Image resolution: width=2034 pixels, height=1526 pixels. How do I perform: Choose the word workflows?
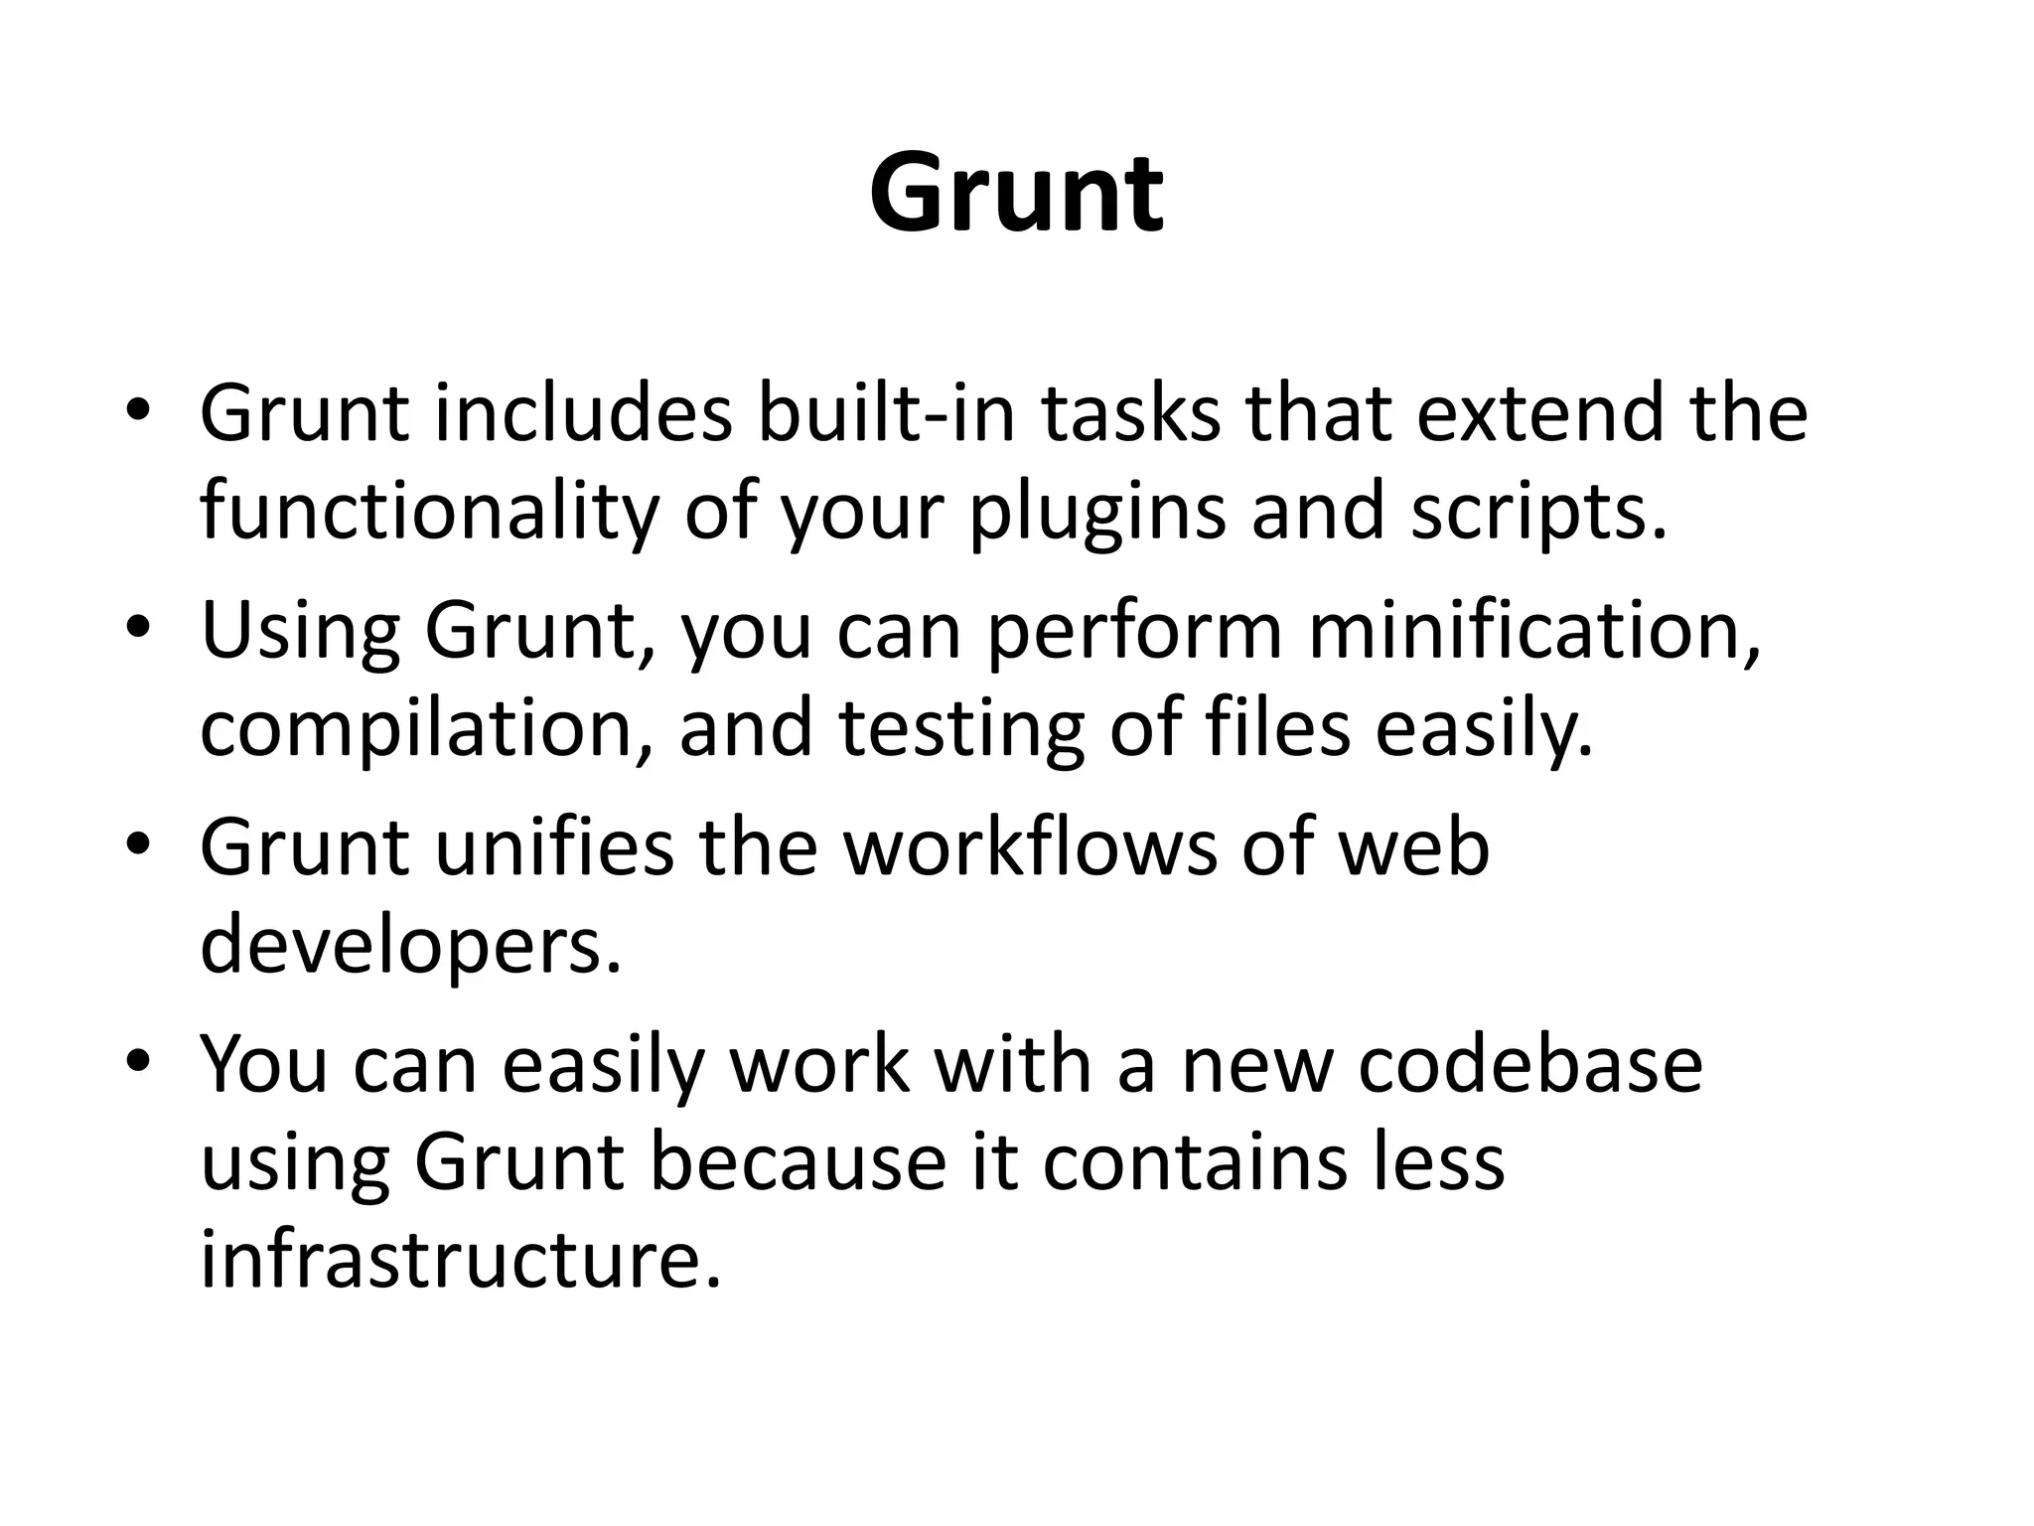[x=1030, y=846]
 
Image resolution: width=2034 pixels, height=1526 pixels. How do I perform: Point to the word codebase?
[x=1530, y=1064]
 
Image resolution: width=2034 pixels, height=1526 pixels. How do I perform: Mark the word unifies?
[x=554, y=846]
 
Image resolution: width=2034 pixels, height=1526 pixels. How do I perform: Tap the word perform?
[x=1134, y=633]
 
